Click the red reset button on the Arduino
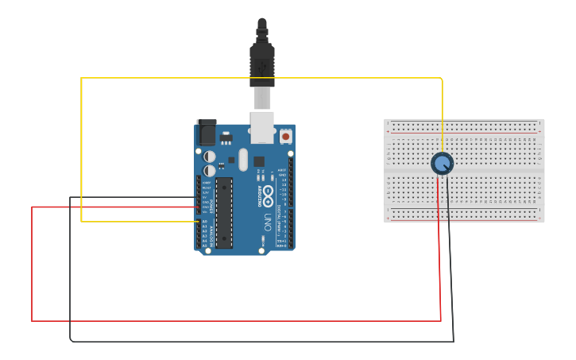point(285,137)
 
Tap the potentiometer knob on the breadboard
point(442,164)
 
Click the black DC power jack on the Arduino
point(206,131)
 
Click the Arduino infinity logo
point(269,196)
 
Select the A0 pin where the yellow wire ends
point(199,222)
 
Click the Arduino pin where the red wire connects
point(199,207)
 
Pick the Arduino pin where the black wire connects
point(199,198)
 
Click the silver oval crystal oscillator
point(243,159)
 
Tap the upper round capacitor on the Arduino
point(209,157)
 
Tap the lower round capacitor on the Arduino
point(209,170)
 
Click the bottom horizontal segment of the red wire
point(238,321)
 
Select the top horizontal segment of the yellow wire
point(262,78)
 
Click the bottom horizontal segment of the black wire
point(262,342)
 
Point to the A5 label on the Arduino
point(205,246)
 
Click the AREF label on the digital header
point(282,170)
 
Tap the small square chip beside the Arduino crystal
point(259,161)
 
